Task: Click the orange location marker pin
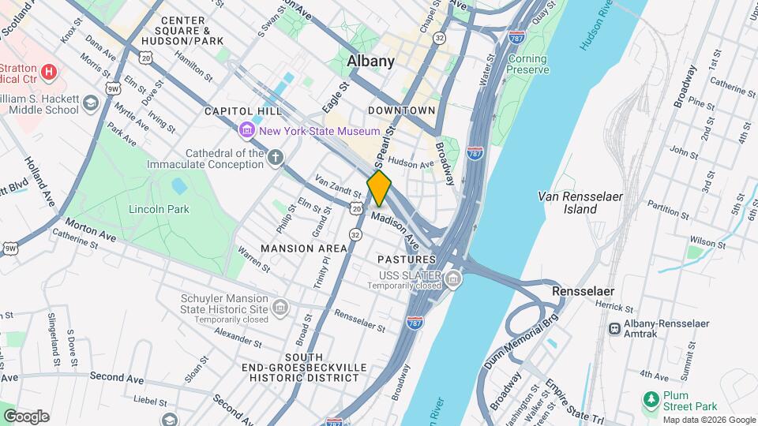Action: (x=379, y=189)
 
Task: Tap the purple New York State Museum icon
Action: (x=247, y=129)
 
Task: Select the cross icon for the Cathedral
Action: (x=275, y=157)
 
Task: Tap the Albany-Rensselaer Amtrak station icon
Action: (x=614, y=327)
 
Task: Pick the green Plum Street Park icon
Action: (x=651, y=399)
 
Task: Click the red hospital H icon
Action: (x=49, y=73)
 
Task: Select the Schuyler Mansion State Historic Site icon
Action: (x=280, y=307)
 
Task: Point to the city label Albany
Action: (x=370, y=61)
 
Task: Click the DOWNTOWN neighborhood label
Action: (x=401, y=110)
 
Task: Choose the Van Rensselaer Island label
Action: (x=578, y=202)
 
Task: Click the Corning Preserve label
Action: (x=528, y=64)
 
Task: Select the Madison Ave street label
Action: (x=396, y=226)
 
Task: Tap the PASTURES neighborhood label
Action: (x=406, y=260)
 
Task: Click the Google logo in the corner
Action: (x=26, y=416)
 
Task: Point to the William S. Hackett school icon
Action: (x=92, y=103)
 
